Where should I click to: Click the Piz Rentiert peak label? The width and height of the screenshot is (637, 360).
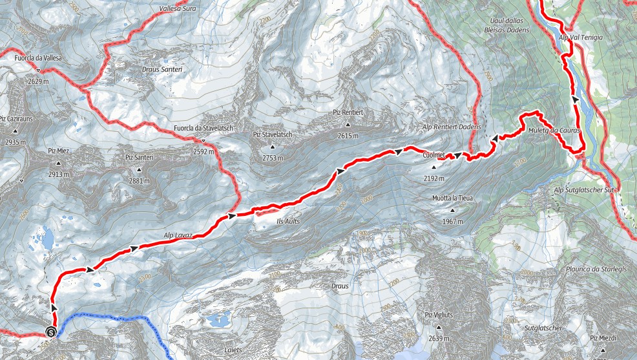pos(349,112)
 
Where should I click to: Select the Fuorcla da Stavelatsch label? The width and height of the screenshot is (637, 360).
pos(203,128)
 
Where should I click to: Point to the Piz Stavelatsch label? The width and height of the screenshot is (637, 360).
pos(273,134)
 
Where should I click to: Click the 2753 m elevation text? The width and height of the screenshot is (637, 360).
pos(273,158)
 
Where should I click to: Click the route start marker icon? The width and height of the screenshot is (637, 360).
pos(51,333)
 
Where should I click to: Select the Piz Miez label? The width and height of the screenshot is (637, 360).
pos(58,151)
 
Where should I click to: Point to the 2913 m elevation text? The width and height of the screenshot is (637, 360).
pos(58,174)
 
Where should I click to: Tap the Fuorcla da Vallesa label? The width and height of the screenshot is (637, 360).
pos(38,58)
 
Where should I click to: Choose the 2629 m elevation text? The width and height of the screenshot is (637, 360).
pos(38,81)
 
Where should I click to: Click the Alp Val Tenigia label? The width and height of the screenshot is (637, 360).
pos(581,38)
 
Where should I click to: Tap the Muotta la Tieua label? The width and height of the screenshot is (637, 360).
pos(453,198)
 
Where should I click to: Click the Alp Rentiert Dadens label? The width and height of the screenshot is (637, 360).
pos(452,127)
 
